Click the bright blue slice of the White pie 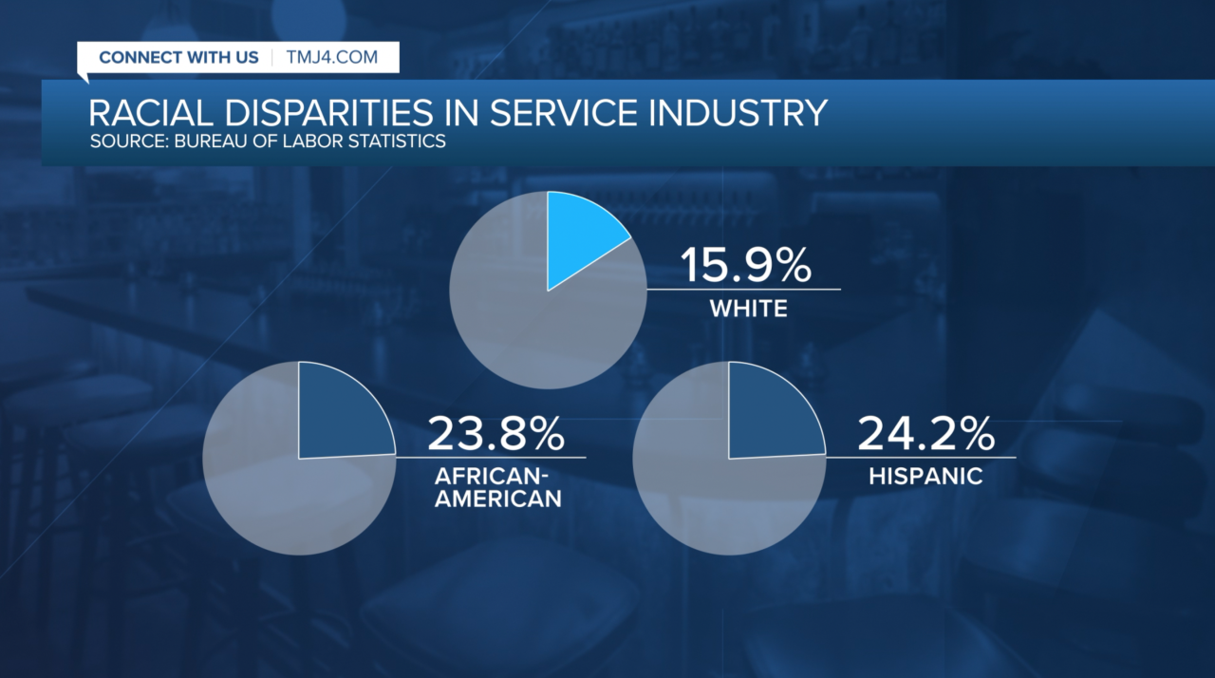tap(579, 237)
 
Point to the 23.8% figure tap(496, 434)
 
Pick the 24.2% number tap(925, 434)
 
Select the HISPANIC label tap(925, 477)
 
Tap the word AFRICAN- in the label tap(495, 476)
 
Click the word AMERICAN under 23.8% tap(495, 499)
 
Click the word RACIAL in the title tap(143, 113)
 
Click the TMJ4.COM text tap(331, 57)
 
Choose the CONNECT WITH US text tap(178, 57)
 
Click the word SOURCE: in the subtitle tap(125, 142)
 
